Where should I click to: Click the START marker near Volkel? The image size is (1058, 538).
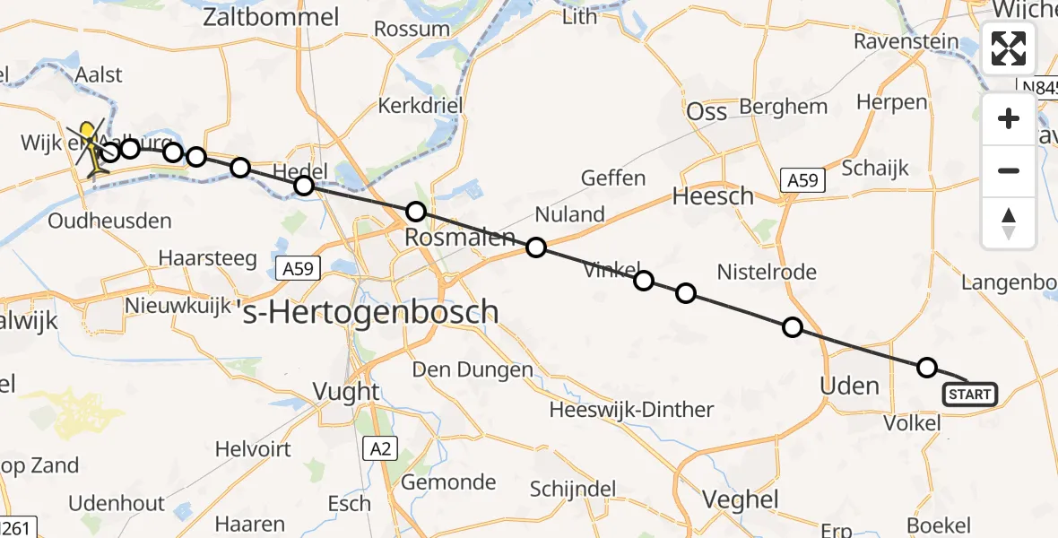(969, 395)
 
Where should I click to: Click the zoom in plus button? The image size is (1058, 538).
(1009, 119)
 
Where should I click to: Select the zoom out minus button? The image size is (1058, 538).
(1009, 170)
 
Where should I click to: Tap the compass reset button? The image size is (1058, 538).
(1009, 222)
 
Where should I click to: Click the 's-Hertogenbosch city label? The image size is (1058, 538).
(371, 312)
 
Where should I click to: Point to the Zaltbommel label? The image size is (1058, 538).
(272, 17)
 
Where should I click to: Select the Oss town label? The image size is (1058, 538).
(706, 112)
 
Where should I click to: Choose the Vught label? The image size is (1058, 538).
(345, 392)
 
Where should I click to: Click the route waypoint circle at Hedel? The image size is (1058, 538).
(304, 186)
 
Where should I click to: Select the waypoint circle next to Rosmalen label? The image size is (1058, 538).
(416, 213)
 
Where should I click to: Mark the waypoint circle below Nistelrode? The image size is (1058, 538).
(793, 327)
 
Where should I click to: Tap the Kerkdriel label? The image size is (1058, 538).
(420, 106)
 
